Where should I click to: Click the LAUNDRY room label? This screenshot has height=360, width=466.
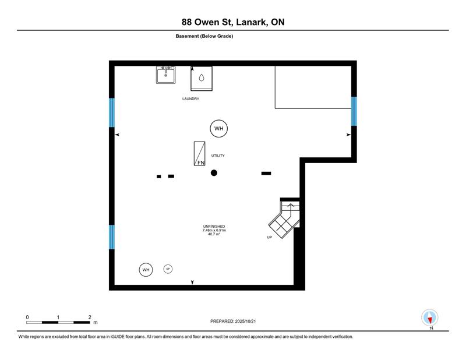coord(191,98)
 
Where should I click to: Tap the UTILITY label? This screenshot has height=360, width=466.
coord(218,156)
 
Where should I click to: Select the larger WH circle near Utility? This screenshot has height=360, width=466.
coord(219,128)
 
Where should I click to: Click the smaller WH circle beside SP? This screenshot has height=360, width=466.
coord(146,270)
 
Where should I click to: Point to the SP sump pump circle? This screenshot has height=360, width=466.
coord(168,269)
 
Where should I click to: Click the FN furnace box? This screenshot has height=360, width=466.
coord(199,153)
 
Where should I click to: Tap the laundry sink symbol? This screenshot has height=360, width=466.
coord(166,75)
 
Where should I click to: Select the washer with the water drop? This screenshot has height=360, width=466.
coord(202,78)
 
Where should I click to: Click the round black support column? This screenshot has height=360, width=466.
coord(214,172)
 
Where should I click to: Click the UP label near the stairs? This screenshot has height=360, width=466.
coord(269,237)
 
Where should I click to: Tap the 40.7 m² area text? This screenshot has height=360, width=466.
coord(214,234)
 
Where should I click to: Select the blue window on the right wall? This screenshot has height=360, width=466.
coord(354,111)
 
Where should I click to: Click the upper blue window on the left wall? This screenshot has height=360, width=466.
coord(112,112)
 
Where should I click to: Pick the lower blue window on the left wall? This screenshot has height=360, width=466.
coord(112,237)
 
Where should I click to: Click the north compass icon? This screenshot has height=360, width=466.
coord(430,318)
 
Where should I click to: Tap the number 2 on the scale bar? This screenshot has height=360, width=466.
coord(90,317)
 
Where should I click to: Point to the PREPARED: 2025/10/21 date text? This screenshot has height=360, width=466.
coord(233,321)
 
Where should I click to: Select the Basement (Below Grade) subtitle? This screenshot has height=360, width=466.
coord(204,36)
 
